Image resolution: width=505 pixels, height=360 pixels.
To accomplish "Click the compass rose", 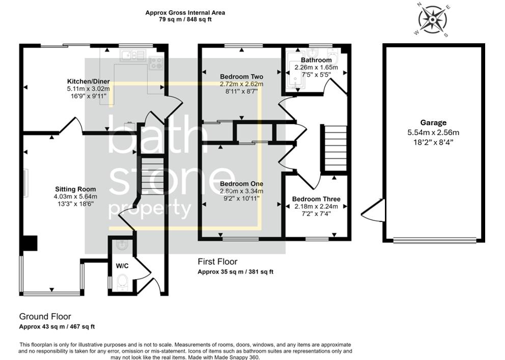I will [x=433, y=20].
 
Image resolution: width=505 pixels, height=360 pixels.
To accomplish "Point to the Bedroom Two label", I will [x=242, y=77].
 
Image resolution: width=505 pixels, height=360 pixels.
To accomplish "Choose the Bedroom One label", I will [x=241, y=184].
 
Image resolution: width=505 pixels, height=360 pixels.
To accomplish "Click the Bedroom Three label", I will [x=316, y=199].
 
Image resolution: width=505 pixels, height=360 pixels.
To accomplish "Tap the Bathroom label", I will [x=316, y=60].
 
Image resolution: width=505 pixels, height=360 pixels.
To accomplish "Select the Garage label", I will [x=433, y=122].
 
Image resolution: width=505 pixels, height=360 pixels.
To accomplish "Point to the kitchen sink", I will [x=133, y=55].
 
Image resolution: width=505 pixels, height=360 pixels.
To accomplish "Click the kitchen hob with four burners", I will [x=155, y=63].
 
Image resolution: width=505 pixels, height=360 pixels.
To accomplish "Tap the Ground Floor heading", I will [x=45, y=316].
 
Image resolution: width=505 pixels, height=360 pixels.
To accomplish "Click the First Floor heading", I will [x=217, y=262].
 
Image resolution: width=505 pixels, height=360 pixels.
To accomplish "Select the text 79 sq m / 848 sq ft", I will [x=185, y=19].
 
